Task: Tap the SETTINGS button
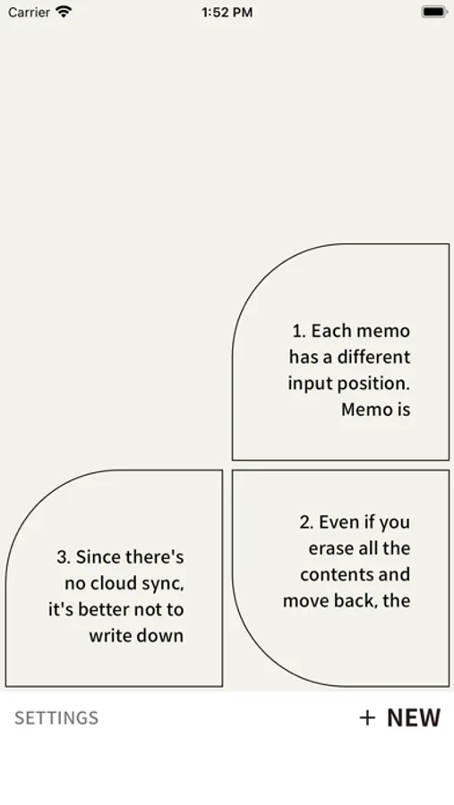click(x=56, y=717)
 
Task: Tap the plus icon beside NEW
click(x=367, y=717)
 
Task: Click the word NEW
click(x=414, y=717)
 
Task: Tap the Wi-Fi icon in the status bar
click(x=64, y=12)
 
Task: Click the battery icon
click(x=434, y=12)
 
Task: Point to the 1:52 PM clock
click(x=227, y=13)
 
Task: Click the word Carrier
click(x=30, y=13)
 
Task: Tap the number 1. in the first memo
click(x=300, y=331)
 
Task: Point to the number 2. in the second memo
click(x=307, y=522)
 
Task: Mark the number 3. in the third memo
click(x=64, y=557)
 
